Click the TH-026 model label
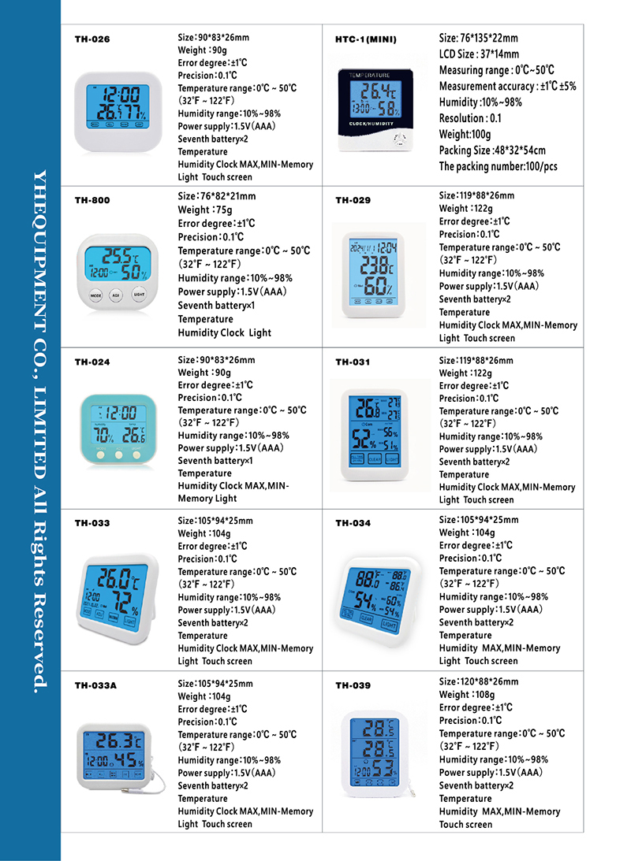[92, 39]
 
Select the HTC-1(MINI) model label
[366, 39]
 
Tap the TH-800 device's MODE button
[95, 295]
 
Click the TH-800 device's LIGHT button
[138, 295]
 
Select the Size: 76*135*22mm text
[478, 38]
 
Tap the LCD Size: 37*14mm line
[479, 54]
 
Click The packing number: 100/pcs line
[498, 166]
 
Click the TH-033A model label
[95, 685]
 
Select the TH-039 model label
[353, 685]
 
